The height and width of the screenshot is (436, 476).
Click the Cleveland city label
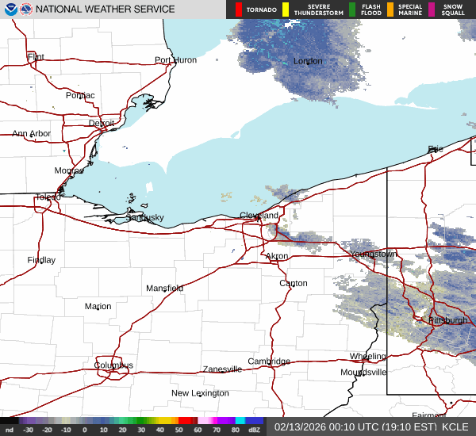259,216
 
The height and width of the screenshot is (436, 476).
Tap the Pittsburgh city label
448,320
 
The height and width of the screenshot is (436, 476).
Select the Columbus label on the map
113,365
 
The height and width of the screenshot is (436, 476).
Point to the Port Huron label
175,60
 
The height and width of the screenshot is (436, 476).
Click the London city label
308,61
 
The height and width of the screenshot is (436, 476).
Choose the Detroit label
101,124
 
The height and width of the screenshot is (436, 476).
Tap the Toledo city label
48,197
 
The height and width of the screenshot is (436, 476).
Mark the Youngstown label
373,254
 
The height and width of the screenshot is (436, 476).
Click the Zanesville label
222,369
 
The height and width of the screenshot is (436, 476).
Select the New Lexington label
200,393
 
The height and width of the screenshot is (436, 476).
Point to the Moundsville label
363,372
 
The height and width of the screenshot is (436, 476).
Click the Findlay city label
41,260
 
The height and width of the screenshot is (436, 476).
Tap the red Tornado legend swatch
238,10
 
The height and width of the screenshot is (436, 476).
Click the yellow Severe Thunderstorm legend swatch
285,10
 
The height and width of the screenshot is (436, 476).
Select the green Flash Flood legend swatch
351,10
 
